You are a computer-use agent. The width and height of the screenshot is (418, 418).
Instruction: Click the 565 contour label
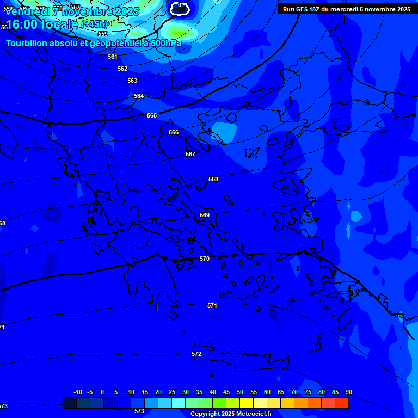pyautogui.click(x=152, y=115)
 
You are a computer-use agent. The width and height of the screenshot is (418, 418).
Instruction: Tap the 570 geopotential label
pyautogui.click(x=205, y=259)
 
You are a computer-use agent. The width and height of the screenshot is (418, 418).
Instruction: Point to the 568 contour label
pyautogui.click(x=213, y=179)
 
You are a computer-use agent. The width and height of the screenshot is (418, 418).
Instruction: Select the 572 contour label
pyautogui.click(x=196, y=354)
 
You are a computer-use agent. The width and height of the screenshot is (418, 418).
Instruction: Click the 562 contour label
pyautogui.click(x=122, y=69)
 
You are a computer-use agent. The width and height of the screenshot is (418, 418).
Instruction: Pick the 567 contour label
pyautogui.click(x=190, y=154)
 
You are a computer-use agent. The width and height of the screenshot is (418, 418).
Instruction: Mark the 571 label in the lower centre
pyautogui.click(x=212, y=305)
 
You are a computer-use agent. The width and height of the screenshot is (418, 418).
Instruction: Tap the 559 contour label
pyautogui.click(x=103, y=34)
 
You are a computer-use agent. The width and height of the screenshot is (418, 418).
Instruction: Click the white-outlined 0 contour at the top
pyautogui.click(x=180, y=7)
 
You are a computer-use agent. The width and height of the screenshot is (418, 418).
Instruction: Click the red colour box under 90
pyautogui.click(x=342, y=403)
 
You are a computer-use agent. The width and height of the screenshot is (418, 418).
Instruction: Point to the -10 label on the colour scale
pyautogui.click(x=77, y=392)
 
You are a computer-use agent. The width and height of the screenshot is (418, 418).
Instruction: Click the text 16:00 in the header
pyautogui.click(x=25, y=25)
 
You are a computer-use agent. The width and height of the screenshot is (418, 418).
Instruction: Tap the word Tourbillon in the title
pyautogui.click(x=27, y=43)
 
